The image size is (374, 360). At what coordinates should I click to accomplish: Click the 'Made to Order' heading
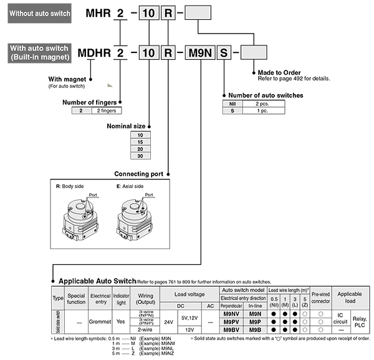(x=279, y=72)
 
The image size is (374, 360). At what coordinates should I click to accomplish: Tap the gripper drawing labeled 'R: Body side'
(x=79, y=219)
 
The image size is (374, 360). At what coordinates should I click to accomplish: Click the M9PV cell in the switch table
(x=231, y=321)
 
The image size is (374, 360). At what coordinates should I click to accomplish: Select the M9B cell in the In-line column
(x=255, y=329)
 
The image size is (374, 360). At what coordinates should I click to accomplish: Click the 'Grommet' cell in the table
(x=100, y=321)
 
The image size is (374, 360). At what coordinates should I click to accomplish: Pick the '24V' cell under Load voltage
(x=169, y=321)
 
